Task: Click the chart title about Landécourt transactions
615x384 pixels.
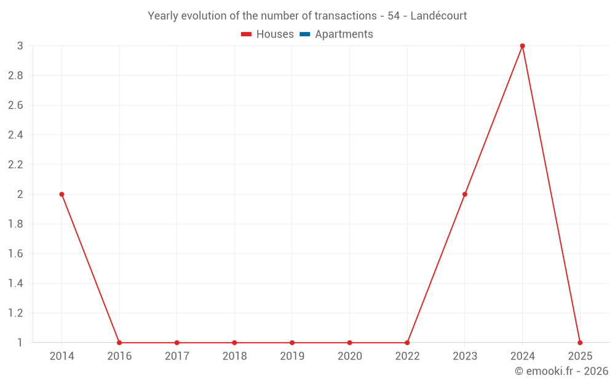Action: tap(307, 16)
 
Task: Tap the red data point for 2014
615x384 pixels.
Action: tap(61, 194)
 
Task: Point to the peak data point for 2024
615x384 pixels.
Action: tap(522, 46)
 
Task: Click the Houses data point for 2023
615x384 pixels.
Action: tap(465, 194)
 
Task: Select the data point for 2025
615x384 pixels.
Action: tap(580, 343)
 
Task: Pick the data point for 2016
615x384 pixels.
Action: tap(119, 343)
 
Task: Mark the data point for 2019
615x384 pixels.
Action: tap(292, 343)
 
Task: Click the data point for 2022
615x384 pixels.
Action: tap(407, 343)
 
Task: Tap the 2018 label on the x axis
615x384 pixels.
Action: tap(234, 356)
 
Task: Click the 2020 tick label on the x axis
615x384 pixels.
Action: tap(349, 356)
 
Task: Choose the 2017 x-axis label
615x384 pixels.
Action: tap(177, 356)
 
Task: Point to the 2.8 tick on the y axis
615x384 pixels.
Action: tap(15, 76)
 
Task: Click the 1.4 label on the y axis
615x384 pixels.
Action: tap(15, 283)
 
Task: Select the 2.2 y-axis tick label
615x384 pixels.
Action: tap(15, 165)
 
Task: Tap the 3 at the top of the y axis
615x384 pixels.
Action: tap(20, 46)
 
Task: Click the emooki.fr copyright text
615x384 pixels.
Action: tap(561, 371)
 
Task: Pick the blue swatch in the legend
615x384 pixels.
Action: tap(304, 34)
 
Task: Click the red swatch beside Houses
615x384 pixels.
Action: tap(247, 34)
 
